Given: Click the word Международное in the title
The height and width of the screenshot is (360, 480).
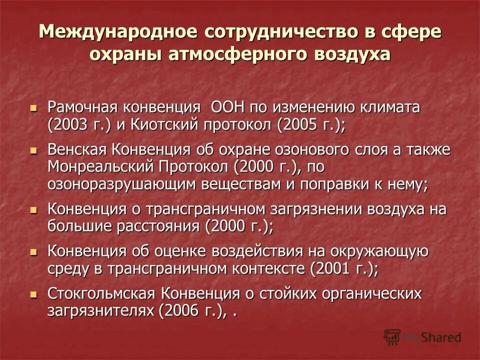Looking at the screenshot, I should pos(116,31).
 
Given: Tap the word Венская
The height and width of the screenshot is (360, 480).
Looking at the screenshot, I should pos(76,150).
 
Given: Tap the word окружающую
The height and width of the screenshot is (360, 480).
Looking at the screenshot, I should pos(385,251).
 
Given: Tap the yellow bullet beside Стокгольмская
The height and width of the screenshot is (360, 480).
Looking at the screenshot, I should pos(33,293).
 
